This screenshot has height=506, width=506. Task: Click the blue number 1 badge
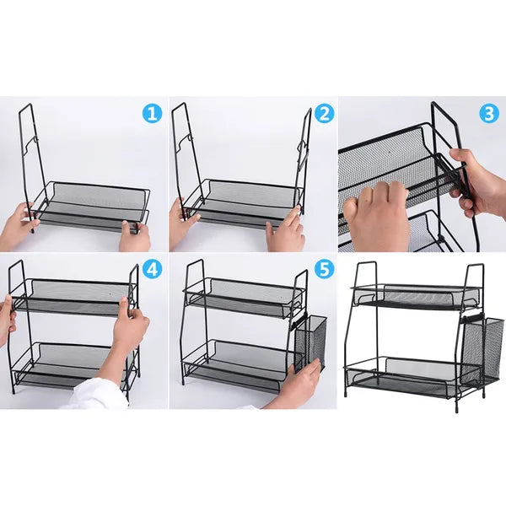pyautogui.click(x=152, y=113)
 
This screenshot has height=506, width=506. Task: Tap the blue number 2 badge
pyautogui.click(x=324, y=113)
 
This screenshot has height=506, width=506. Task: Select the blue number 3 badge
pyautogui.click(x=489, y=114)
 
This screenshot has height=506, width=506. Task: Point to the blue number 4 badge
pyautogui.click(x=152, y=269)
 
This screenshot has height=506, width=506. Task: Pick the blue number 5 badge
pyautogui.click(x=324, y=269)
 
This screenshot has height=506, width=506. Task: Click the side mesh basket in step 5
pyautogui.click(x=310, y=342)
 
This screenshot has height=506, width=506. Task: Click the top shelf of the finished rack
pyautogui.click(x=417, y=295)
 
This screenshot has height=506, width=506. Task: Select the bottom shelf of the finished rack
pyautogui.click(x=413, y=376)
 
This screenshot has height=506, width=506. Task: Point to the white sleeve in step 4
pyautogui.click(x=99, y=394)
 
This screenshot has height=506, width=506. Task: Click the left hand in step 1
pyautogui.click(x=18, y=227)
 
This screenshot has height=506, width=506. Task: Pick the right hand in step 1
pyautogui.click(x=135, y=236)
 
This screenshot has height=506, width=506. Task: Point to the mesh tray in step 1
pyautogui.click(x=93, y=207)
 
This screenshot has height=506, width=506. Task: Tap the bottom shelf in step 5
pyautogui.click(x=240, y=366)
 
